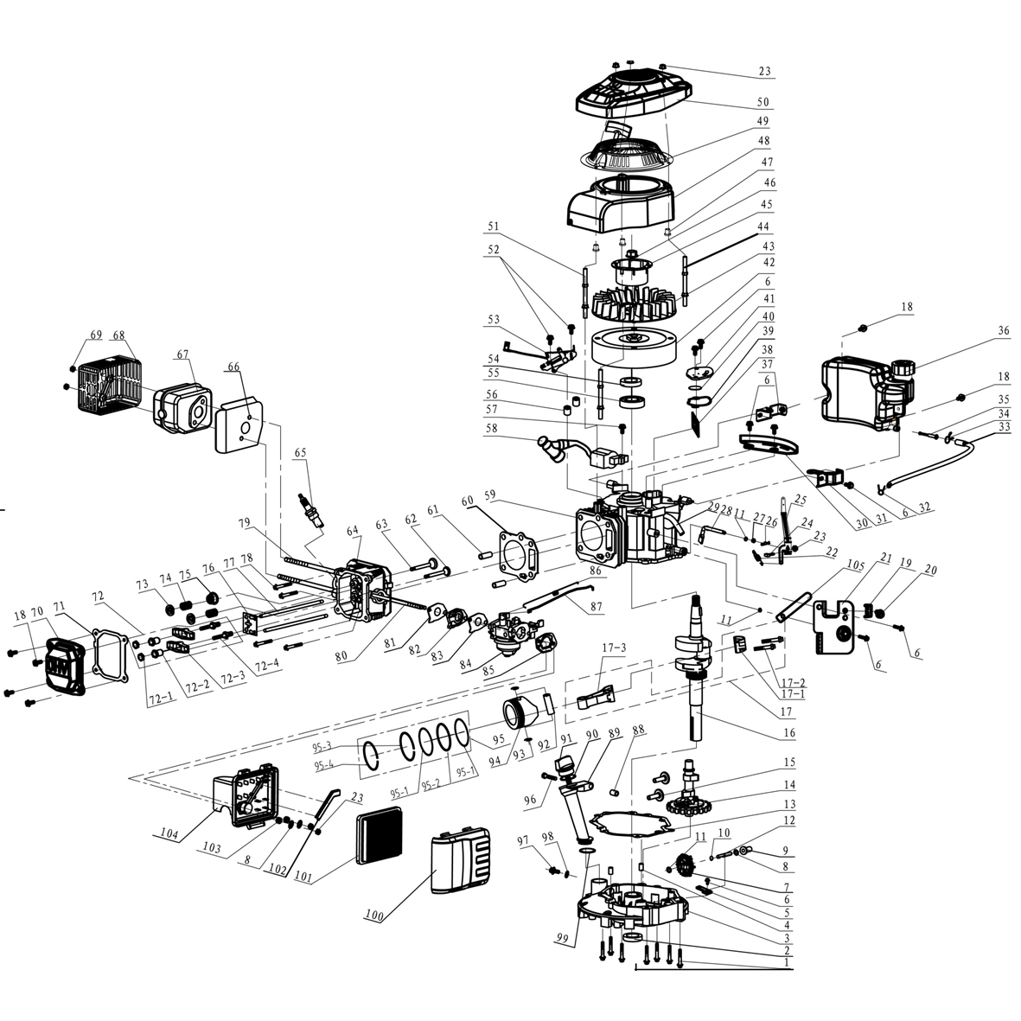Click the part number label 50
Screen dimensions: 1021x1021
click(x=763, y=102)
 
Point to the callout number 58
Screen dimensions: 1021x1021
click(x=490, y=428)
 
